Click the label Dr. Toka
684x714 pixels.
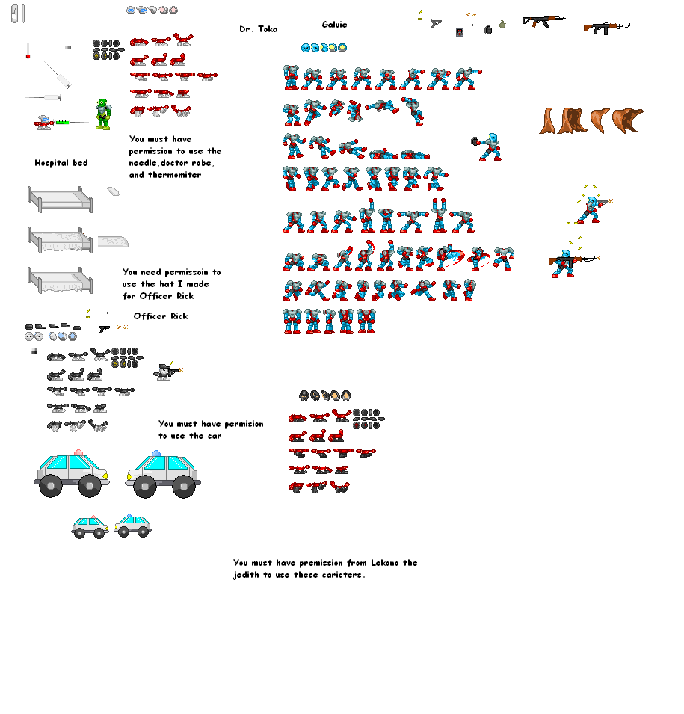click(x=258, y=29)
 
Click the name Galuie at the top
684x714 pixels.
click(x=334, y=25)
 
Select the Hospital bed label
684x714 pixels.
click(x=61, y=163)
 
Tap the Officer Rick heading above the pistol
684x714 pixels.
click(x=160, y=316)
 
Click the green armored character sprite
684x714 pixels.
click(x=103, y=114)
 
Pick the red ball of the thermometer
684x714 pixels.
click(x=28, y=57)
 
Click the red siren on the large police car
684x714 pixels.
click(x=78, y=452)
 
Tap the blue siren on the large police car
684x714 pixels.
click(x=156, y=453)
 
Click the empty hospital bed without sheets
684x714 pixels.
click(x=60, y=200)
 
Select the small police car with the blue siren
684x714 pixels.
click(x=132, y=526)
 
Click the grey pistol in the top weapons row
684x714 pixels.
click(x=436, y=22)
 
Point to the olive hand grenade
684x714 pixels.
click(x=502, y=24)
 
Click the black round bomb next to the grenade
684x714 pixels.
click(x=488, y=30)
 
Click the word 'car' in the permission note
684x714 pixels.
click(x=215, y=436)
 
